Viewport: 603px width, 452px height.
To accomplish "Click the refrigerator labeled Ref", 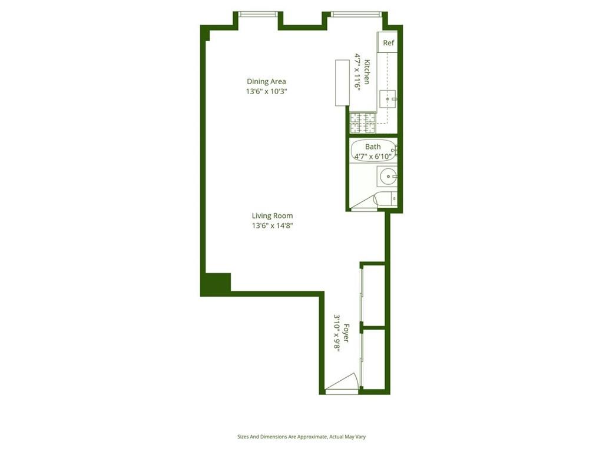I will click(388, 42).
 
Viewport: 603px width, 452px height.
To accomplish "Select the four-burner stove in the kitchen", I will click(363, 122).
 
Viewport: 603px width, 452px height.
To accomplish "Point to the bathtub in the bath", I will click(373, 151).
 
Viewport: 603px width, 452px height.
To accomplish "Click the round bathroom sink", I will click(387, 175).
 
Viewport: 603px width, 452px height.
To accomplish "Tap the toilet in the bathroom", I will click(386, 200).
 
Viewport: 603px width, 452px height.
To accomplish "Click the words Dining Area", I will click(266, 81).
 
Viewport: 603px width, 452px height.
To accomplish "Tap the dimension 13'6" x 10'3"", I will click(266, 91).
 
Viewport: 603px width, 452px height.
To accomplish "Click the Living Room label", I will click(272, 215).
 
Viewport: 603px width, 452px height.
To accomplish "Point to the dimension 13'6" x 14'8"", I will click(272, 225).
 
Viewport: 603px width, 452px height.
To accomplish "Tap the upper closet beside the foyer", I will click(375, 294).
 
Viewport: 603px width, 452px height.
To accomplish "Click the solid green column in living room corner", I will click(216, 284).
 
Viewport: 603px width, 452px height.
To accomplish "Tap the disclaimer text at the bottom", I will click(301, 437).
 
